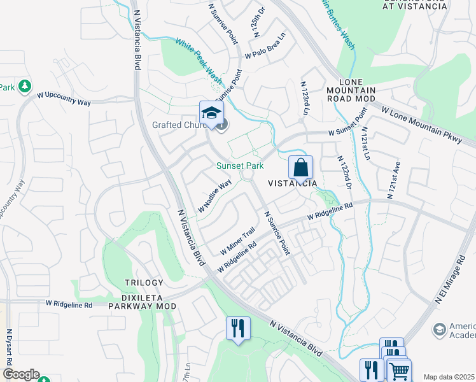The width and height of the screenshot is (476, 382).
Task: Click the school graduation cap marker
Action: [211, 114]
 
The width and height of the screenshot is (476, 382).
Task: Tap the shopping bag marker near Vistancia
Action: [300, 169]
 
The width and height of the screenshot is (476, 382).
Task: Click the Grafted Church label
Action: [180, 125]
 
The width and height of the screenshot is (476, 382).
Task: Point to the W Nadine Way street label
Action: [214, 195]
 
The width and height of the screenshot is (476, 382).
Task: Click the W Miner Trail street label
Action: [237, 240]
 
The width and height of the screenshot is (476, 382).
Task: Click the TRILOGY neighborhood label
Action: [144, 282]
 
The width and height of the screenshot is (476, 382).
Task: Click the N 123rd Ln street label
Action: [304, 95]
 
